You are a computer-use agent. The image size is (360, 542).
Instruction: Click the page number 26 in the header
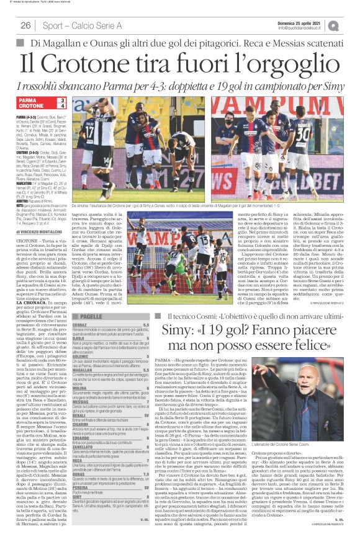coord(25,25)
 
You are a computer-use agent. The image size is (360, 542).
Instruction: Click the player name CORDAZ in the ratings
coord(79,324)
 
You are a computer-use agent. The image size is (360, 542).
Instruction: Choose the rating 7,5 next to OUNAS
coord(146,472)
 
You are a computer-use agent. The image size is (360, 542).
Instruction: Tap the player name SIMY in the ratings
coord(77,514)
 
